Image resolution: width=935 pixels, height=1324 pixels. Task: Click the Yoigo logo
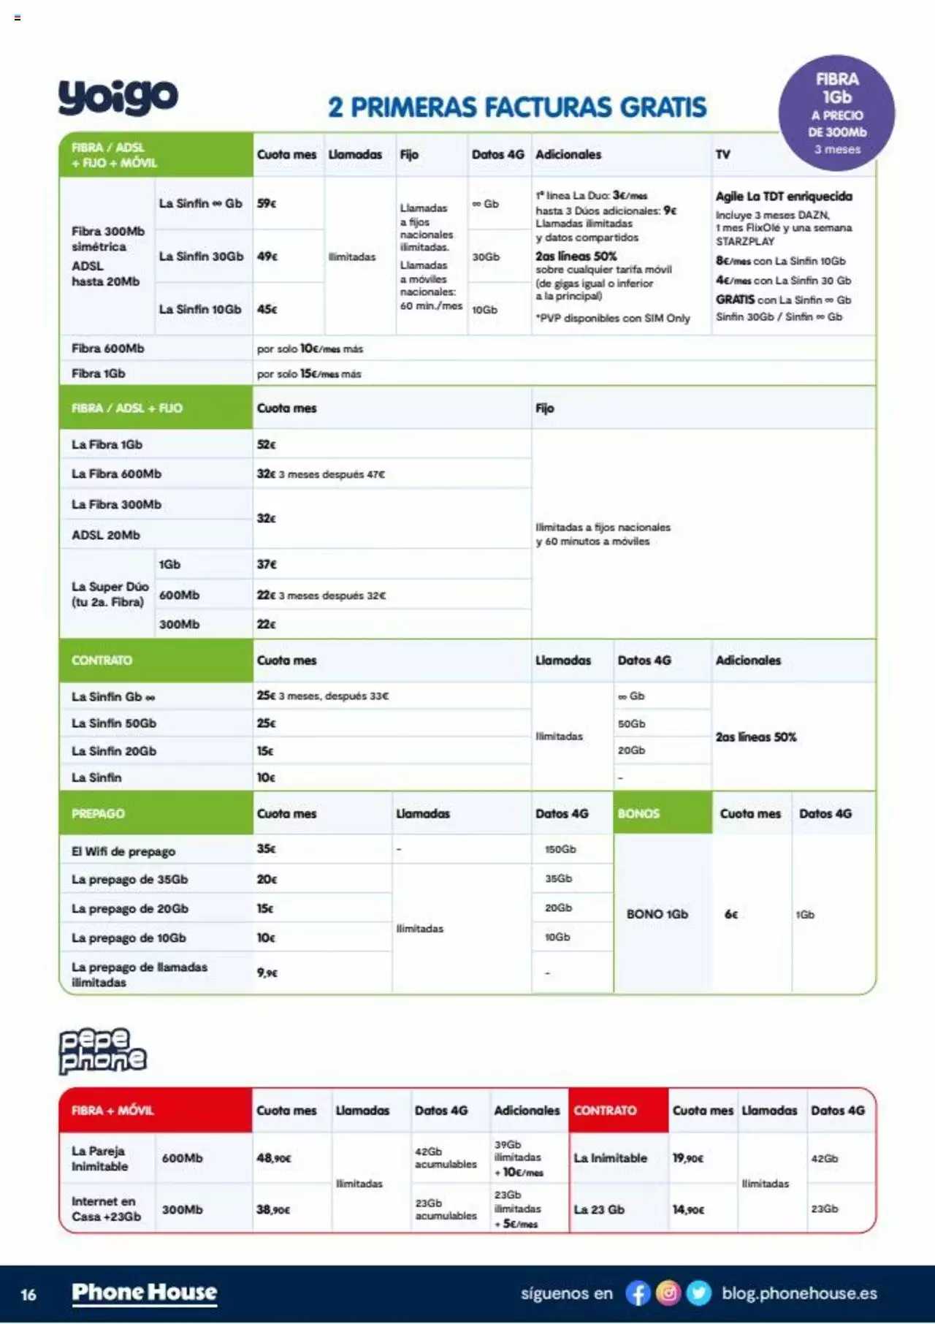118,96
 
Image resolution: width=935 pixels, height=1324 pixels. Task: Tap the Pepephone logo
102,1051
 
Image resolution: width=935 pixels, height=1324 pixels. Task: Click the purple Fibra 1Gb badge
837,113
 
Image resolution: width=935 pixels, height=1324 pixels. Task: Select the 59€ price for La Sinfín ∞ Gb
267,203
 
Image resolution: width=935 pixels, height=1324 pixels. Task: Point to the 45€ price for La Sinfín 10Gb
267,309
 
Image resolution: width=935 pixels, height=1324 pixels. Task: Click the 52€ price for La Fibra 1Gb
267,444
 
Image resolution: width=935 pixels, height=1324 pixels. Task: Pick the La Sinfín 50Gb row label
114,723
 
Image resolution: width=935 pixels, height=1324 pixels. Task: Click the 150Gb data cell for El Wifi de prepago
560,849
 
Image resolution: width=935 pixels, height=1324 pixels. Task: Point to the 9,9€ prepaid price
267,973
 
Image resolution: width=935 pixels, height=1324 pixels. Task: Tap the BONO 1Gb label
657,914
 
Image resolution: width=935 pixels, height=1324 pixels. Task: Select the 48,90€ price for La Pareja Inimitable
274,1158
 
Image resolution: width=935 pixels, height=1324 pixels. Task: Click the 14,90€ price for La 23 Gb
688,1209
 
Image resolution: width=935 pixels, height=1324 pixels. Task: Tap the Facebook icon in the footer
638,1293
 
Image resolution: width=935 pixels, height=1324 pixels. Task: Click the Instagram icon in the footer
668,1293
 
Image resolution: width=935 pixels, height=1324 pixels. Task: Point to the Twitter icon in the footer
699,1293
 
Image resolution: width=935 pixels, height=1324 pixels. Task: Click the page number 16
28,1295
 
